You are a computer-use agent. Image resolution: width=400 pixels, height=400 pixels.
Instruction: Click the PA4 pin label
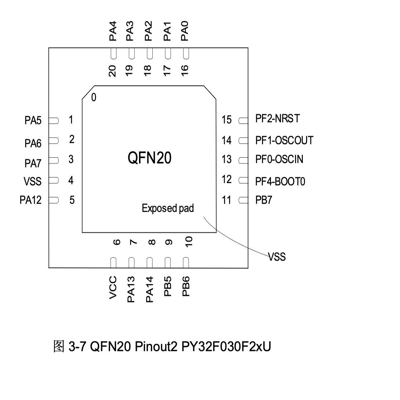click(113, 31)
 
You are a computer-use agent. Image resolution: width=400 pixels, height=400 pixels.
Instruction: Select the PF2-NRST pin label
click(277, 119)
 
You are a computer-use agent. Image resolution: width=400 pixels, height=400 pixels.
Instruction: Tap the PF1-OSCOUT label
click(284, 140)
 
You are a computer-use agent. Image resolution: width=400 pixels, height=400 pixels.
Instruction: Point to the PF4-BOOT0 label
click(280, 182)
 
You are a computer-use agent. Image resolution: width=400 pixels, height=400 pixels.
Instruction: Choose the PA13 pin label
click(131, 289)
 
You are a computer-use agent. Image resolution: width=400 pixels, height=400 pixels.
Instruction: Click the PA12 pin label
click(30, 200)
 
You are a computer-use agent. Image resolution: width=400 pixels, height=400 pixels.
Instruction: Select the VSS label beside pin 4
click(33, 181)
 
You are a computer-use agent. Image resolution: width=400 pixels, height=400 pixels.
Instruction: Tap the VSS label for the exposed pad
click(277, 257)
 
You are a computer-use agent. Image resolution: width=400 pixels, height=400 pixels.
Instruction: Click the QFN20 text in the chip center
click(149, 158)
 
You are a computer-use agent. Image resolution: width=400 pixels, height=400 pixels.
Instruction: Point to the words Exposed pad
click(168, 208)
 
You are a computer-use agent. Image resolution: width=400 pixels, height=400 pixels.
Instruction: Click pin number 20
click(113, 71)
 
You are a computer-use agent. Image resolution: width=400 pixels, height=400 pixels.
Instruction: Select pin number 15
click(227, 120)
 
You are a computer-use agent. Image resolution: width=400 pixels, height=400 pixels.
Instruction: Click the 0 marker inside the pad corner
click(94, 97)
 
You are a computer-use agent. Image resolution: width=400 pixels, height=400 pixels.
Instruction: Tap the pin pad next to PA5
click(53, 120)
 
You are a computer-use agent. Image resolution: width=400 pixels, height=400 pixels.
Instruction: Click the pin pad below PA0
click(186, 54)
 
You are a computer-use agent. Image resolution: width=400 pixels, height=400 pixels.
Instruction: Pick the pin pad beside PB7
click(243, 200)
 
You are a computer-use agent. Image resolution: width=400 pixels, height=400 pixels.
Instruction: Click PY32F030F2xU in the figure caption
click(226, 347)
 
